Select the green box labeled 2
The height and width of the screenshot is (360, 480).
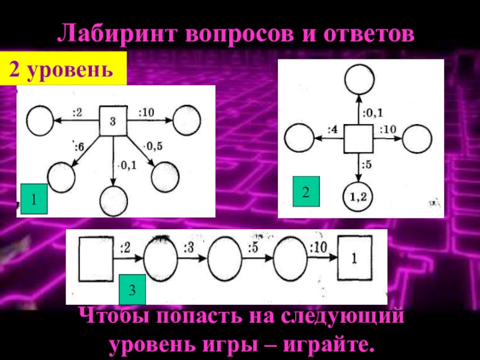[305, 191]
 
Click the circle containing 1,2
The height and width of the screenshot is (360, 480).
[358, 196]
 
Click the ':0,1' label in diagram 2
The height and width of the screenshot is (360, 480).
[372, 112]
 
